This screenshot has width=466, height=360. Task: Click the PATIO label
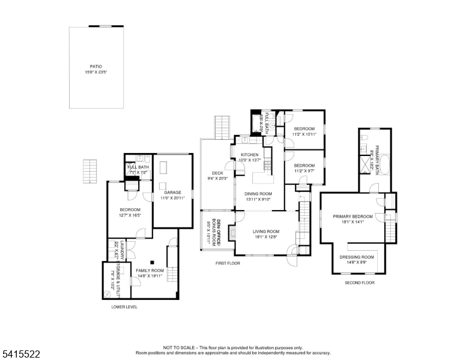tap(96, 67)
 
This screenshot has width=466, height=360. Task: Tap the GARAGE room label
tap(172, 193)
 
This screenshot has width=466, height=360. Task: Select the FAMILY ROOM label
tap(150, 271)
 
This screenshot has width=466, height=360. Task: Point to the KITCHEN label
tap(249, 155)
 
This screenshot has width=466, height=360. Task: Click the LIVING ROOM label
tap(266, 231)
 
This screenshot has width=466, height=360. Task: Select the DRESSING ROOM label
tap(357, 257)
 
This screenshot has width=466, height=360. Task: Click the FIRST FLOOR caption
tap(228, 263)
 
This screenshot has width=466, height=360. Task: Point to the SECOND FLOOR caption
tap(359, 283)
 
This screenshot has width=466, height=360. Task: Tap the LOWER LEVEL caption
tap(124, 307)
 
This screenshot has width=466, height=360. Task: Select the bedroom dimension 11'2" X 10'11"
tap(304, 134)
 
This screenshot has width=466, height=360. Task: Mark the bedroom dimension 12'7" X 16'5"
tap(130, 215)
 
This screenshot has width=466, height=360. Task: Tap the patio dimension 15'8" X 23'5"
tap(96, 73)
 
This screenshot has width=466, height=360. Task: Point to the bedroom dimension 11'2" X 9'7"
tap(304, 170)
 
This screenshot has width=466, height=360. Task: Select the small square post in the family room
tap(153, 262)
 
